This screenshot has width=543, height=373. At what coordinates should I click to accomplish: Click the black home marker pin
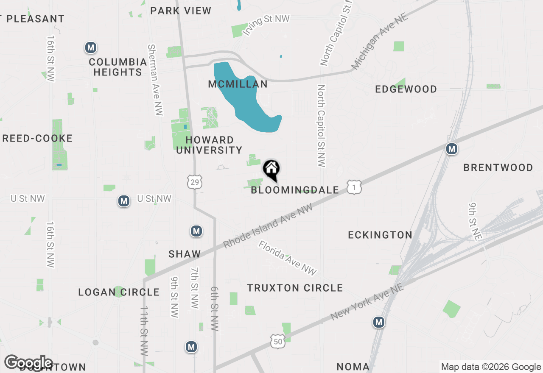click(x=271, y=170)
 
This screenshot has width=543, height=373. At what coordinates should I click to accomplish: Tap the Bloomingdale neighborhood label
click(x=295, y=190)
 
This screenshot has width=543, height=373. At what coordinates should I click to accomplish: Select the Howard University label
click(x=209, y=145)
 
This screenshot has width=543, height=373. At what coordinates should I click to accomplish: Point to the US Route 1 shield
click(x=354, y=187)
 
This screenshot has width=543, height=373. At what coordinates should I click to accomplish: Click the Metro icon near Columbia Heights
click(x=90, y=47)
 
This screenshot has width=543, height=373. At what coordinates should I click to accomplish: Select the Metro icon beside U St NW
click(x=124, y=201)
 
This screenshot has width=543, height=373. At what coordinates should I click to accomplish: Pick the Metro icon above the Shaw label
click(x=196, y=231)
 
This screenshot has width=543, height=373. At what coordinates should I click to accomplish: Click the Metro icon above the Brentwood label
click(x=452, y=149)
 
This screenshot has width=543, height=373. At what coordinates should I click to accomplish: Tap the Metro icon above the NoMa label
click(x=379, y=323)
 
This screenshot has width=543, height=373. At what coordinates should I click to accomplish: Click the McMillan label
click(x=238, y=84)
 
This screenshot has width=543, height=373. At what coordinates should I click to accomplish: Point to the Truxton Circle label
click(x=295, y=288)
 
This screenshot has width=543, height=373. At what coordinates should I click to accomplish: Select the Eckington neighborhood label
click(x=380, y=235)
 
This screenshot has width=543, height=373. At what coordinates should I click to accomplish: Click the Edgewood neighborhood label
click(x=406, y=89)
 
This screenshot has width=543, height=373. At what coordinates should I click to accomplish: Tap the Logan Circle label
click(x=119, y=292)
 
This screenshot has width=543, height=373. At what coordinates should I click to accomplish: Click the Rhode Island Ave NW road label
click(x=268, y=226)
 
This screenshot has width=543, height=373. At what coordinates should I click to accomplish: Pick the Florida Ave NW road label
click(x=287, y=258)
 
